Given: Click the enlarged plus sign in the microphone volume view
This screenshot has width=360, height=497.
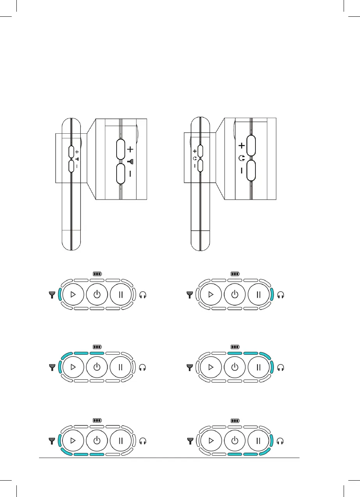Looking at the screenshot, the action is (x=130, y=149).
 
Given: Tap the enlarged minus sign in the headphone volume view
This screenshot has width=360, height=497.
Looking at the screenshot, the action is (x=242, y=170).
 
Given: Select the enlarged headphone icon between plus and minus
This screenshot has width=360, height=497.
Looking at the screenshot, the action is (x=242, y=158).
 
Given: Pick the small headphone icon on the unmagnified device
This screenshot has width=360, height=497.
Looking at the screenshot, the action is (x=194, y=159).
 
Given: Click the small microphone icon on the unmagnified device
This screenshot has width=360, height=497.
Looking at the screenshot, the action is (x=77, y=159).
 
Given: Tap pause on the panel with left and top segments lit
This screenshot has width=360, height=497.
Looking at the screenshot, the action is (x=121, y=367).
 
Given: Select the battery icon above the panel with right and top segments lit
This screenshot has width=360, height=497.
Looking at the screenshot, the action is (x=235, y=346).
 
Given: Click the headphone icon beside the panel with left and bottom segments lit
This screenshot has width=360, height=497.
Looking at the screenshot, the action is (x=144, y=441).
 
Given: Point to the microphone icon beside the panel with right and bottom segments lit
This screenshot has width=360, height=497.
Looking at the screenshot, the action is (x=190, y=441).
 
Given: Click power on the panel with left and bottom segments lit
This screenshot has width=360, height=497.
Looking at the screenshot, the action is (x=97, y=441).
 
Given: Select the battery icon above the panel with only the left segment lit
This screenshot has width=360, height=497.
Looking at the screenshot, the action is (x=97, y=274).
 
